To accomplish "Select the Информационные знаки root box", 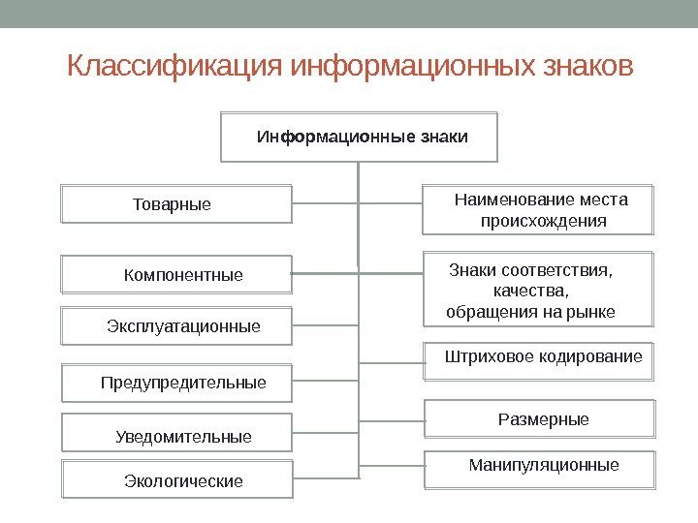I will click(x=360, y=137).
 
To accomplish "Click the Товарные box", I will click(x=176, y=204).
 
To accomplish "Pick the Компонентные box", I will click(x=176, y=276).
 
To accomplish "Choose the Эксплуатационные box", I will click(x=176, y=326).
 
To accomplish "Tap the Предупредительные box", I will click(x=176, y=383).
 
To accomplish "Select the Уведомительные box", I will click(x=176, y=435).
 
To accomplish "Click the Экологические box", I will click(x=176, y=480).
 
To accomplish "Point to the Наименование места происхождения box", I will click(x=539, y=210).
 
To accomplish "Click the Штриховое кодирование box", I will click(x=541, y=358).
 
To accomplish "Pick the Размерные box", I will click(x=541, y=419).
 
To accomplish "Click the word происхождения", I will click(x=544, y=222).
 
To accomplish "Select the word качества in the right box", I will click(x=531, y=291).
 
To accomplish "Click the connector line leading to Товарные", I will click(x=325, y=203).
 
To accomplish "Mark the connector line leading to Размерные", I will click(x=393, y=420).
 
